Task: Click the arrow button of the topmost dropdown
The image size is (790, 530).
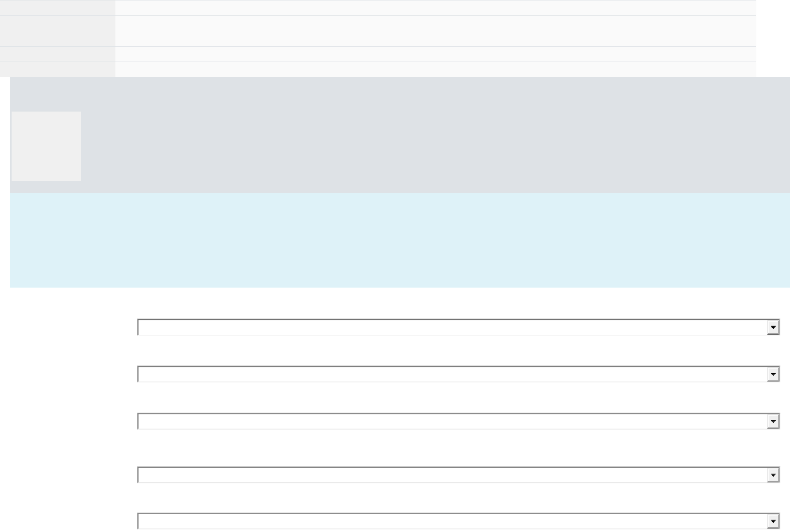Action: point(773,327)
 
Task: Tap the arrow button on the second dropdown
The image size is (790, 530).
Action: point(773,374)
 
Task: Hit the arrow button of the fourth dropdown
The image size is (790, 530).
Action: point(773,475)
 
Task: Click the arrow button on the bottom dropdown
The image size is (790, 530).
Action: point(773,521)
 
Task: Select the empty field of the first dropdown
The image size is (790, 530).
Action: point(452,327)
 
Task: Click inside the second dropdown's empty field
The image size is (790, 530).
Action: point(452,374)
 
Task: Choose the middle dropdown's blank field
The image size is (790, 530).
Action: point(452,421)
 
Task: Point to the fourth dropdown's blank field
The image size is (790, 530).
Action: point(452,475)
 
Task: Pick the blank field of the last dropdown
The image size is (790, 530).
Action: point(452,521)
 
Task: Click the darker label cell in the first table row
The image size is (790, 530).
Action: point(57,8)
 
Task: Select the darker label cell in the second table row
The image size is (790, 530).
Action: point(57,23)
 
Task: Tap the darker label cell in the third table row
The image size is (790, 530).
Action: point(57,38)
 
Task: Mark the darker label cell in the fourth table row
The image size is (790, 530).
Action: point(57,54)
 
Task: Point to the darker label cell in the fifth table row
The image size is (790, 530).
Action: point(57,69)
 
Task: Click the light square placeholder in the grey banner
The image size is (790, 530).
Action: point(46,146)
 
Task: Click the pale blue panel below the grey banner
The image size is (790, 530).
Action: point(400,240)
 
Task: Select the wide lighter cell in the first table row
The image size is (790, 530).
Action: point(435,8)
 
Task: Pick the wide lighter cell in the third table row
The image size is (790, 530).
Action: point(435,38)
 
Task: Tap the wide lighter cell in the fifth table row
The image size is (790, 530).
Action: point(435,69)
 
